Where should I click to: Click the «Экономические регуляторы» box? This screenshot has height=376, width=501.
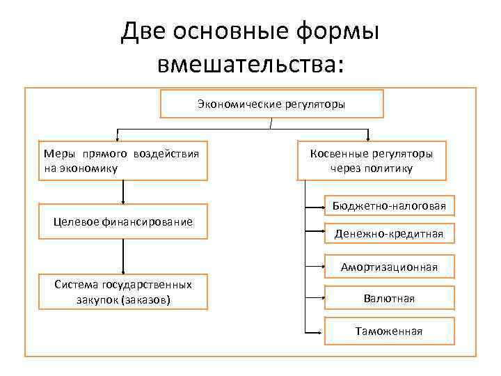pos(271,104)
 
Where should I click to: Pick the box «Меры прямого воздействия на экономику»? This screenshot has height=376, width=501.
pos(122,161)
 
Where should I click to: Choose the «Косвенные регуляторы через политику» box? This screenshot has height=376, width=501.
pos(372,161)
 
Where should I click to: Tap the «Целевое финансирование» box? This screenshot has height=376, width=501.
pos(123,221)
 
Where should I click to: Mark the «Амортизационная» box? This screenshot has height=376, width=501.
pos(389,267)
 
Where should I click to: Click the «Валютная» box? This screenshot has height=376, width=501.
pos(389,298)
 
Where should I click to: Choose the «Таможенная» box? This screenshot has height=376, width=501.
pos(389,331)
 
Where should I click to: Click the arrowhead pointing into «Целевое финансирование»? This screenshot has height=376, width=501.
pos(123,201)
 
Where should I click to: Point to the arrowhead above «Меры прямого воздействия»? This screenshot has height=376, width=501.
pos(117,138)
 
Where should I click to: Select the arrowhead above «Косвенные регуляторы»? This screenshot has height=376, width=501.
pos(368,138)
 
